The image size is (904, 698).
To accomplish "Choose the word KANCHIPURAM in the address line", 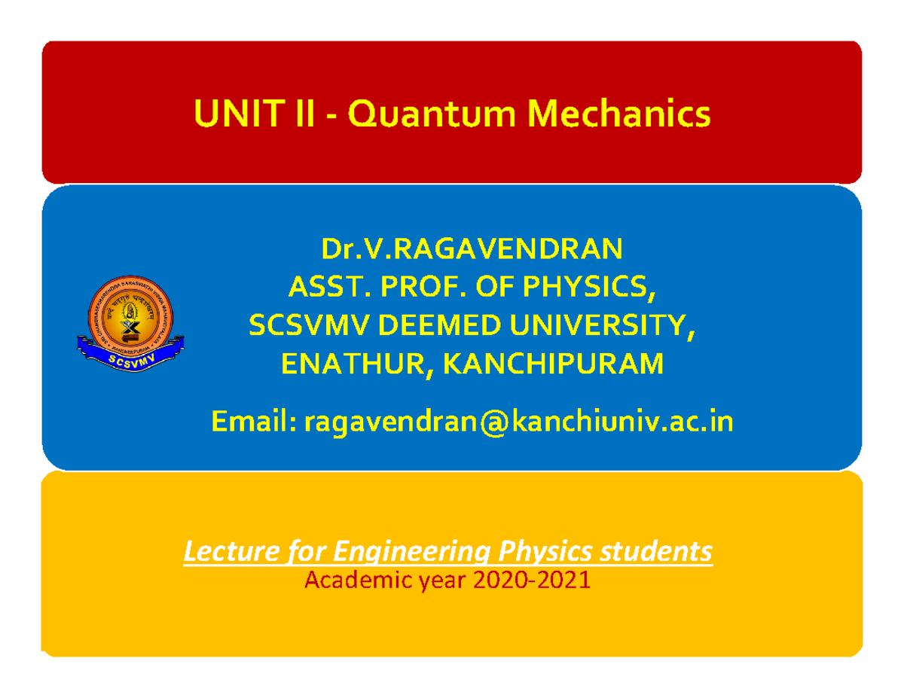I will click(x=554, y=364).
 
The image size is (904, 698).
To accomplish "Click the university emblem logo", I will click(x=130, y=320).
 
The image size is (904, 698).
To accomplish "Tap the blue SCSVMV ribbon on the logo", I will click(x=130, y=358).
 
